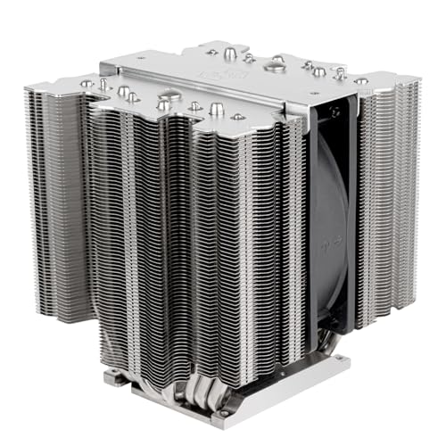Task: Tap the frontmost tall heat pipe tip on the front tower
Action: [217, 109]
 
